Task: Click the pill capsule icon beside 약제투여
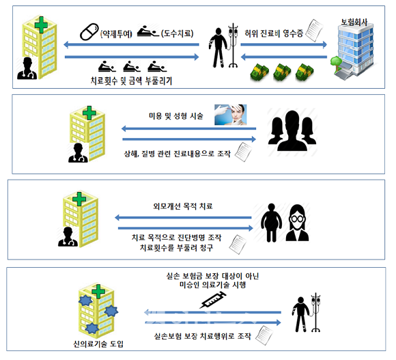[x=89, y=32]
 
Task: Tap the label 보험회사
[x=354, y=22]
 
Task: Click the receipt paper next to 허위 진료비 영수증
[x=314, y=30]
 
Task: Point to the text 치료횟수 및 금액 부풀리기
[x=131, y=81]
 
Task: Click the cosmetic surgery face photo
[x=230, y=115]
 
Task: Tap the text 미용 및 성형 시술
[x=176, y=116]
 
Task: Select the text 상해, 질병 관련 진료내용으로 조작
[x=178, y=154]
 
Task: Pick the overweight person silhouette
[x=271, y=222]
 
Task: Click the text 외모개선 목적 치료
[x=183, y=206]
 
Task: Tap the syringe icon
[x=212, y=300]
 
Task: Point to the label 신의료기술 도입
[x=98, y=344]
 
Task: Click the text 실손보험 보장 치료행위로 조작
[x=203, y=336]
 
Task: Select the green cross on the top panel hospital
[x=41, y=25]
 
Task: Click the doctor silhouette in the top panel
[x=27, y=68]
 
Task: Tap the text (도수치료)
[x=178, y=33]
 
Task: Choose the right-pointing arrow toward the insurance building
[x=283, y=44]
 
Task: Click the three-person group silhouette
[x=292, y=130]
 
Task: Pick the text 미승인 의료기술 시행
[x=212, y=285]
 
